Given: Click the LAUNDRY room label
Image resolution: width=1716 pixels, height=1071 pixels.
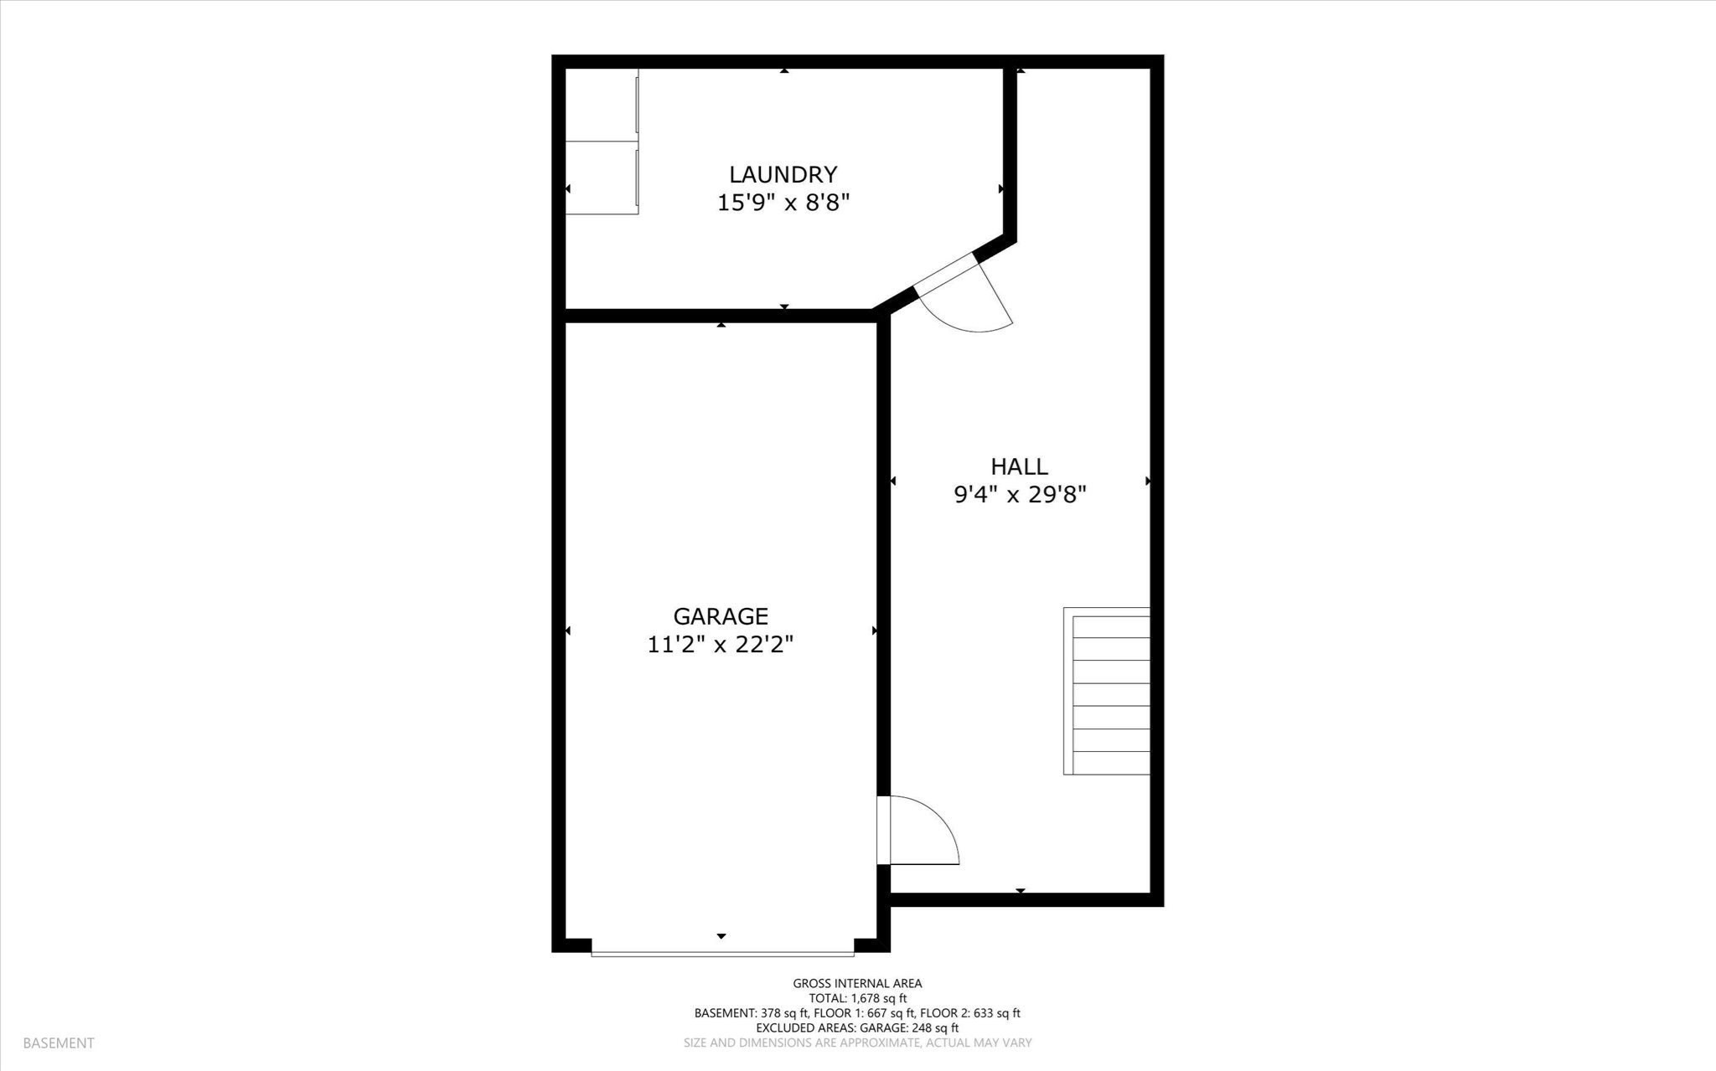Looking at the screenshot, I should click(783, 174).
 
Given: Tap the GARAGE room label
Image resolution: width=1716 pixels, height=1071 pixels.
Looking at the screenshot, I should click(721, 616).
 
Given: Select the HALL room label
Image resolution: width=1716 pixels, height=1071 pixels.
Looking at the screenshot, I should click(1019, 466).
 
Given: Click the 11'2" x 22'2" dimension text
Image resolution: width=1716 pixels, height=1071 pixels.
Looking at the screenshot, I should click(721, 645).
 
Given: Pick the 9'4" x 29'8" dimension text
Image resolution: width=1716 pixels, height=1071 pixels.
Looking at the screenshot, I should click(1020, 495).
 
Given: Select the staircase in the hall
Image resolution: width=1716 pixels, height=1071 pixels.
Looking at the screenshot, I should click(1107, 691).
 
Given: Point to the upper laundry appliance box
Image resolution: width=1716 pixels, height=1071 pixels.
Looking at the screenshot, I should click(602, 105).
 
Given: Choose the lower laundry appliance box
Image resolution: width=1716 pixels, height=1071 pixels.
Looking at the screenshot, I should click(602, 178).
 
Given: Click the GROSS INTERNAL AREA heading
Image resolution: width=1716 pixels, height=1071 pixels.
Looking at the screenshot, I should click(857, 984).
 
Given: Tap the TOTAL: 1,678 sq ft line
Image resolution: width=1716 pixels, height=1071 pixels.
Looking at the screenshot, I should click(857, 998).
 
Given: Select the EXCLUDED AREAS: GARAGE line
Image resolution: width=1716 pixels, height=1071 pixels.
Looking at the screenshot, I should click(857, 1027).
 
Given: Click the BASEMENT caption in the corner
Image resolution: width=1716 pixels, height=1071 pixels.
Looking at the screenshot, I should click(59, 1043).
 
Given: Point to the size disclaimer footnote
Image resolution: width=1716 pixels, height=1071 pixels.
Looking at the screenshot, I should click(857, 1043).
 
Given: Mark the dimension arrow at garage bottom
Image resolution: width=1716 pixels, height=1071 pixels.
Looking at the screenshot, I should click(721, 936).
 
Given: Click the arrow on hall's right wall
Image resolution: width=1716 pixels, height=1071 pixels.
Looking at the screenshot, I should click(1147, 481).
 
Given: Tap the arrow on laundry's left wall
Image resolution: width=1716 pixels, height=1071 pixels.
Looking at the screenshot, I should click(568, 189).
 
